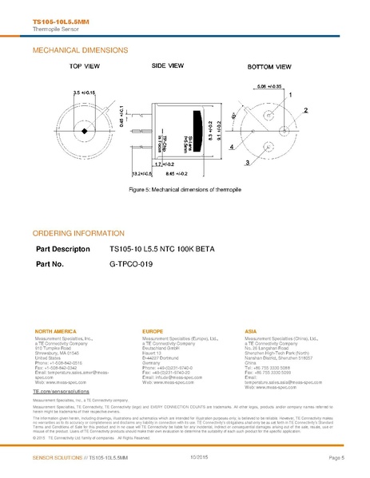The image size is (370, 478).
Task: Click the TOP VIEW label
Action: point(85,67)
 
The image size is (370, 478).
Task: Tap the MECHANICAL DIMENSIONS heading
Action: point(76,49)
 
